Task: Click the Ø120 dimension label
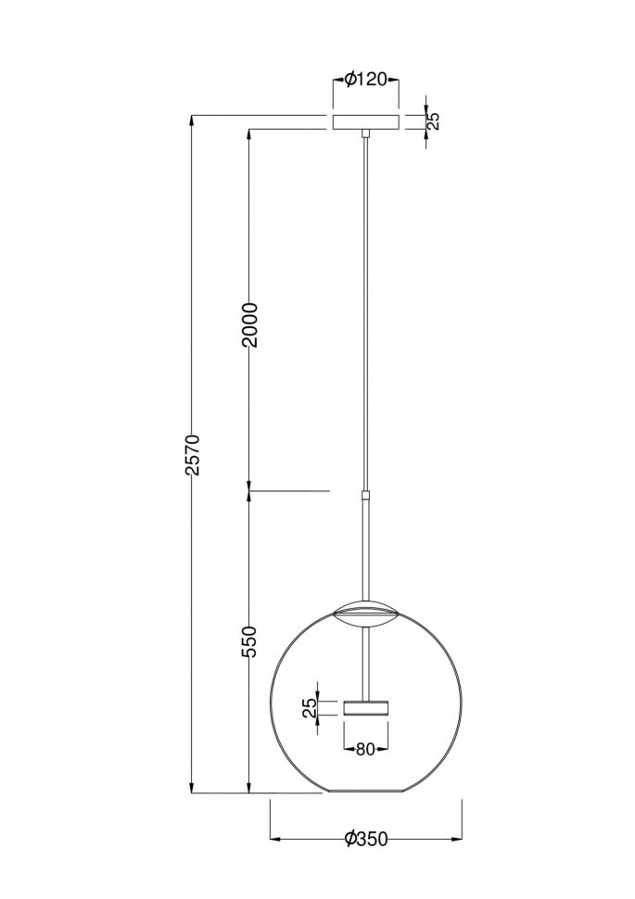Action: pyautogui.click(x=365, y=80)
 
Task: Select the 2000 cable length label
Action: pyautogui.click(x=248, y=324)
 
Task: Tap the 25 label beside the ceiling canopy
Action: pyautogui.click(x=433, y=120)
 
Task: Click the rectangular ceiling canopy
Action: pyautogui.click(x=365, y=122)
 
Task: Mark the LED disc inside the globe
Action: pyautogui.click(x=365, y=708)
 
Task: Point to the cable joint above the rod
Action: pyautogui.click(x=367, y=496)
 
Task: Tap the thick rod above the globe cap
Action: pyautogui.click(x=367, y=547)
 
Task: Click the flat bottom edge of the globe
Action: pyautogui.click(x=365, y=793)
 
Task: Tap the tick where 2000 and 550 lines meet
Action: pyautogui.click(x=248, y=490)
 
